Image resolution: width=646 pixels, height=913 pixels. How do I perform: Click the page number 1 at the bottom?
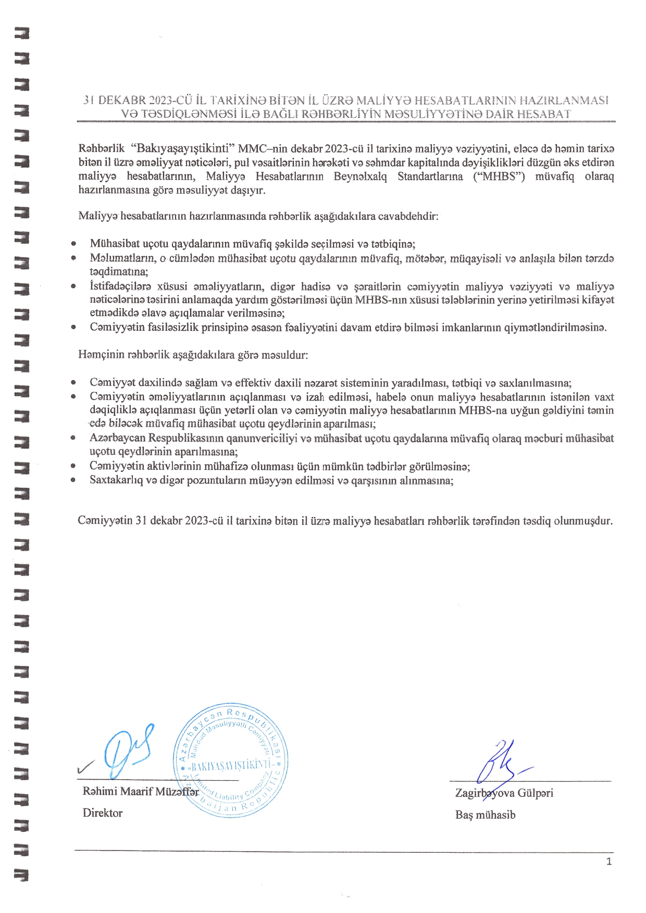tap(609, 862)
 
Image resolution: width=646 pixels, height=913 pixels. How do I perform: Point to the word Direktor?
tap(103, 813)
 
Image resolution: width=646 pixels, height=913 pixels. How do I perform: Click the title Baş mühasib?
tap(485, 815)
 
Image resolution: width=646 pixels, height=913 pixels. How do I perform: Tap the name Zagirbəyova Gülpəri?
tap(504, 793)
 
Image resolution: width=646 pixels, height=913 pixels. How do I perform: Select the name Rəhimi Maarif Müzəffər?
tap(141, 792)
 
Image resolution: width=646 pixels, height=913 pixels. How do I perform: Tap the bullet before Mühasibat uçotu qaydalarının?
tap(73, 244)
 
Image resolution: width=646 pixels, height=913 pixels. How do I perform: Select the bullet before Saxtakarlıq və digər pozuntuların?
tap(73, 480)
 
